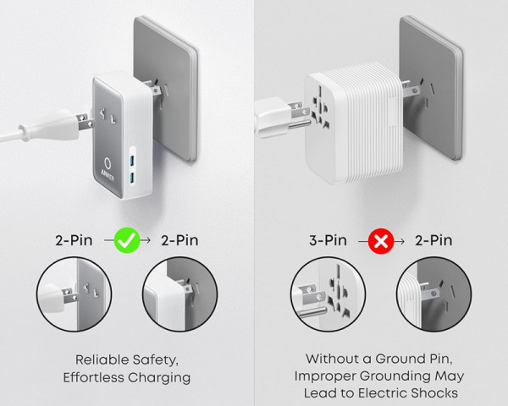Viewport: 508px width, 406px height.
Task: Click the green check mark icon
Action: (128, 240)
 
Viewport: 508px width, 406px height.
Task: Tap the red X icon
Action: (382, 240)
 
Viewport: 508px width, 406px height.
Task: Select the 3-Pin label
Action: (330, 240)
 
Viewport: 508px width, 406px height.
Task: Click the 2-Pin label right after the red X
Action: (433, 240)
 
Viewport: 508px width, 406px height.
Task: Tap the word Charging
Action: (162, 377)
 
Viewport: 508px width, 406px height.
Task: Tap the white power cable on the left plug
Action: (25, 130)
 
